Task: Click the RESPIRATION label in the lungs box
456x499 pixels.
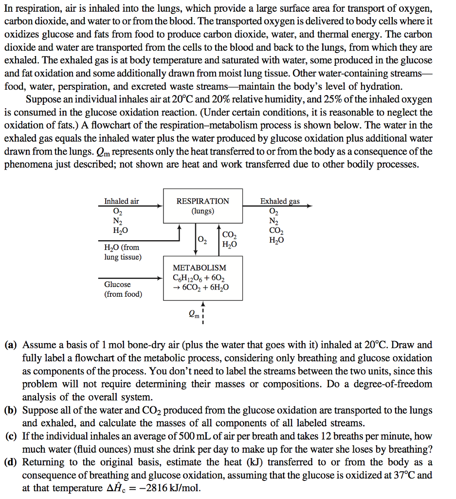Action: click(202, 201)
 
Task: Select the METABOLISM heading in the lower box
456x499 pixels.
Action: click(200, 268)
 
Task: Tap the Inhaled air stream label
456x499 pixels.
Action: click(122, 201)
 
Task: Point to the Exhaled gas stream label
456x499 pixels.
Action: click(280, 201)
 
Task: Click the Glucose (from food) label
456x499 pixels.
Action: click(123, 289)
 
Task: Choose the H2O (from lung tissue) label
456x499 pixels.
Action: click(122, 252)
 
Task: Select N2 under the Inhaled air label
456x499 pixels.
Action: click(118, 220)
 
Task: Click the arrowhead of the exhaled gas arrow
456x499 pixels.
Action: click(309, 206)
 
